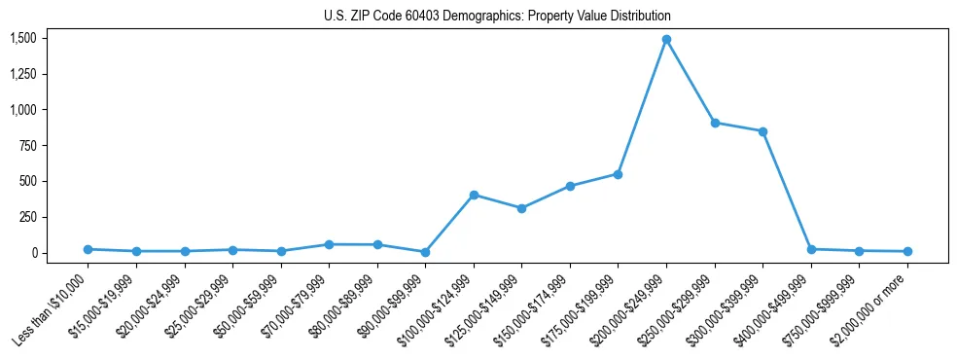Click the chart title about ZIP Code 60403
click(x=497, y=17)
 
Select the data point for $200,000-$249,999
click(x=666, y=40)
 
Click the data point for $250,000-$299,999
click(x=715, y=124)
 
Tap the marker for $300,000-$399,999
click(x=762, y=131)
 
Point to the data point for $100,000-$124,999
click(x=474, y=195)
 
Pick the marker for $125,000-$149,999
click(x=522, y=208)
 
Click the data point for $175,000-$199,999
click(x=619, y=174)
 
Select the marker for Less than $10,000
click(x=88, y=249)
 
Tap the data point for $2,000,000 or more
click(x=907, y=251)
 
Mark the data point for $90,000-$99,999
click(x=425, y=252)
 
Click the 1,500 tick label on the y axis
click(x=22, y=38)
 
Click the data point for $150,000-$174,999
click(x=570, y=186)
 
